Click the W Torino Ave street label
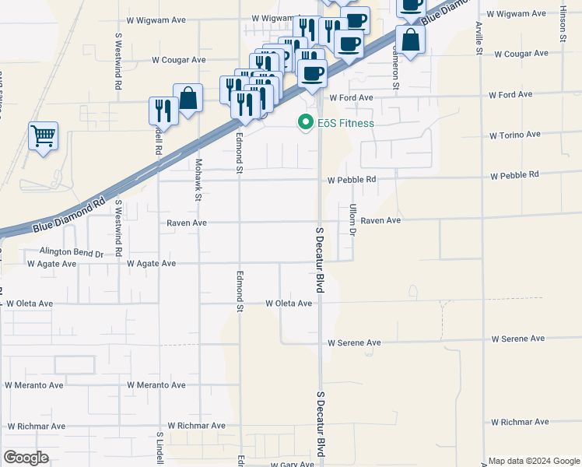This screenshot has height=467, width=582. (x=514, y=135)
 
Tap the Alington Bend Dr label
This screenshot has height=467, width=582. (x=72, y=253)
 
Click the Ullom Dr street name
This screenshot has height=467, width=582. (x=352, y=221)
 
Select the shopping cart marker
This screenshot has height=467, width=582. (x=44, y=136)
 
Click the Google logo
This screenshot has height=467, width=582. (x=26, y=458)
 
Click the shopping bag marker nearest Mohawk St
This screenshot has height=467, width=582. (x=188, y=99)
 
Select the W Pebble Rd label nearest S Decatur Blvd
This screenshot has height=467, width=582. (x=351, y=179)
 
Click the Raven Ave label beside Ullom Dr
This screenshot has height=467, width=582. (x=380, y=220)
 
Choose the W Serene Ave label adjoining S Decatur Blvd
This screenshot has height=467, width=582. (x=354, y=342)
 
